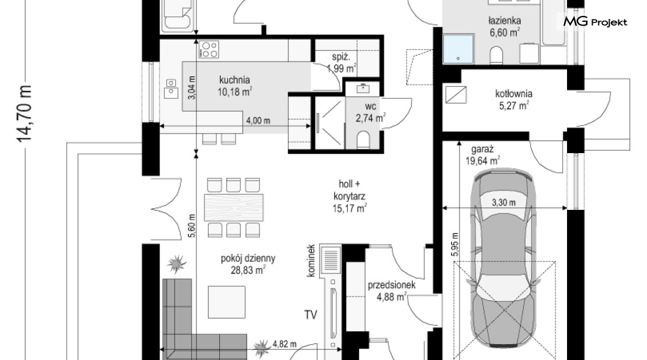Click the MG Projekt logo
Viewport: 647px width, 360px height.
[595, 21]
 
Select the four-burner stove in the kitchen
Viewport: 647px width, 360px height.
[209, 49]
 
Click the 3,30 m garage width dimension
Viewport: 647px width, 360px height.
[504, 203]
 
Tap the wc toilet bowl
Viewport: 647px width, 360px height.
[363, 139]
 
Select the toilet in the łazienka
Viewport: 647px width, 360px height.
[497, 56]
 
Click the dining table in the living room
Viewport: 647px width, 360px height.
[234, 207]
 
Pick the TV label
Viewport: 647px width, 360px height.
[311, 315]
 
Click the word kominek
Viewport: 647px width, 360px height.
[311, 261]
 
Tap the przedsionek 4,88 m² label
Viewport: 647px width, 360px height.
[392, 290]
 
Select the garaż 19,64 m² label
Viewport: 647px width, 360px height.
[483, 155]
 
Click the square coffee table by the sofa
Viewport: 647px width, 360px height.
[226, 302]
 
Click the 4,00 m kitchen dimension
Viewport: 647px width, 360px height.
[258, 121]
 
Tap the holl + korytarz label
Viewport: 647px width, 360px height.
[350, 196]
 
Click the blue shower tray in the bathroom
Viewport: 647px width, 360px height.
[458, 49]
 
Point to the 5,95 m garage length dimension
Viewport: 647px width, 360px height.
[455, 245]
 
